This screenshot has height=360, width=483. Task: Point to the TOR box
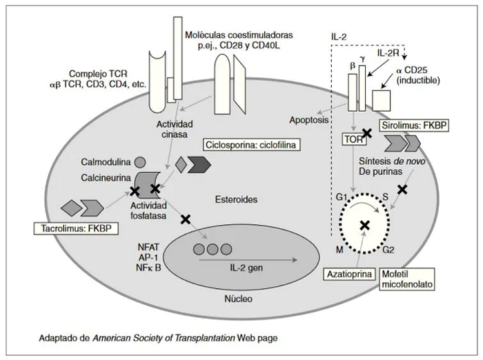coord(355,139)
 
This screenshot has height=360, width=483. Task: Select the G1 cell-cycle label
coord(341,198)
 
